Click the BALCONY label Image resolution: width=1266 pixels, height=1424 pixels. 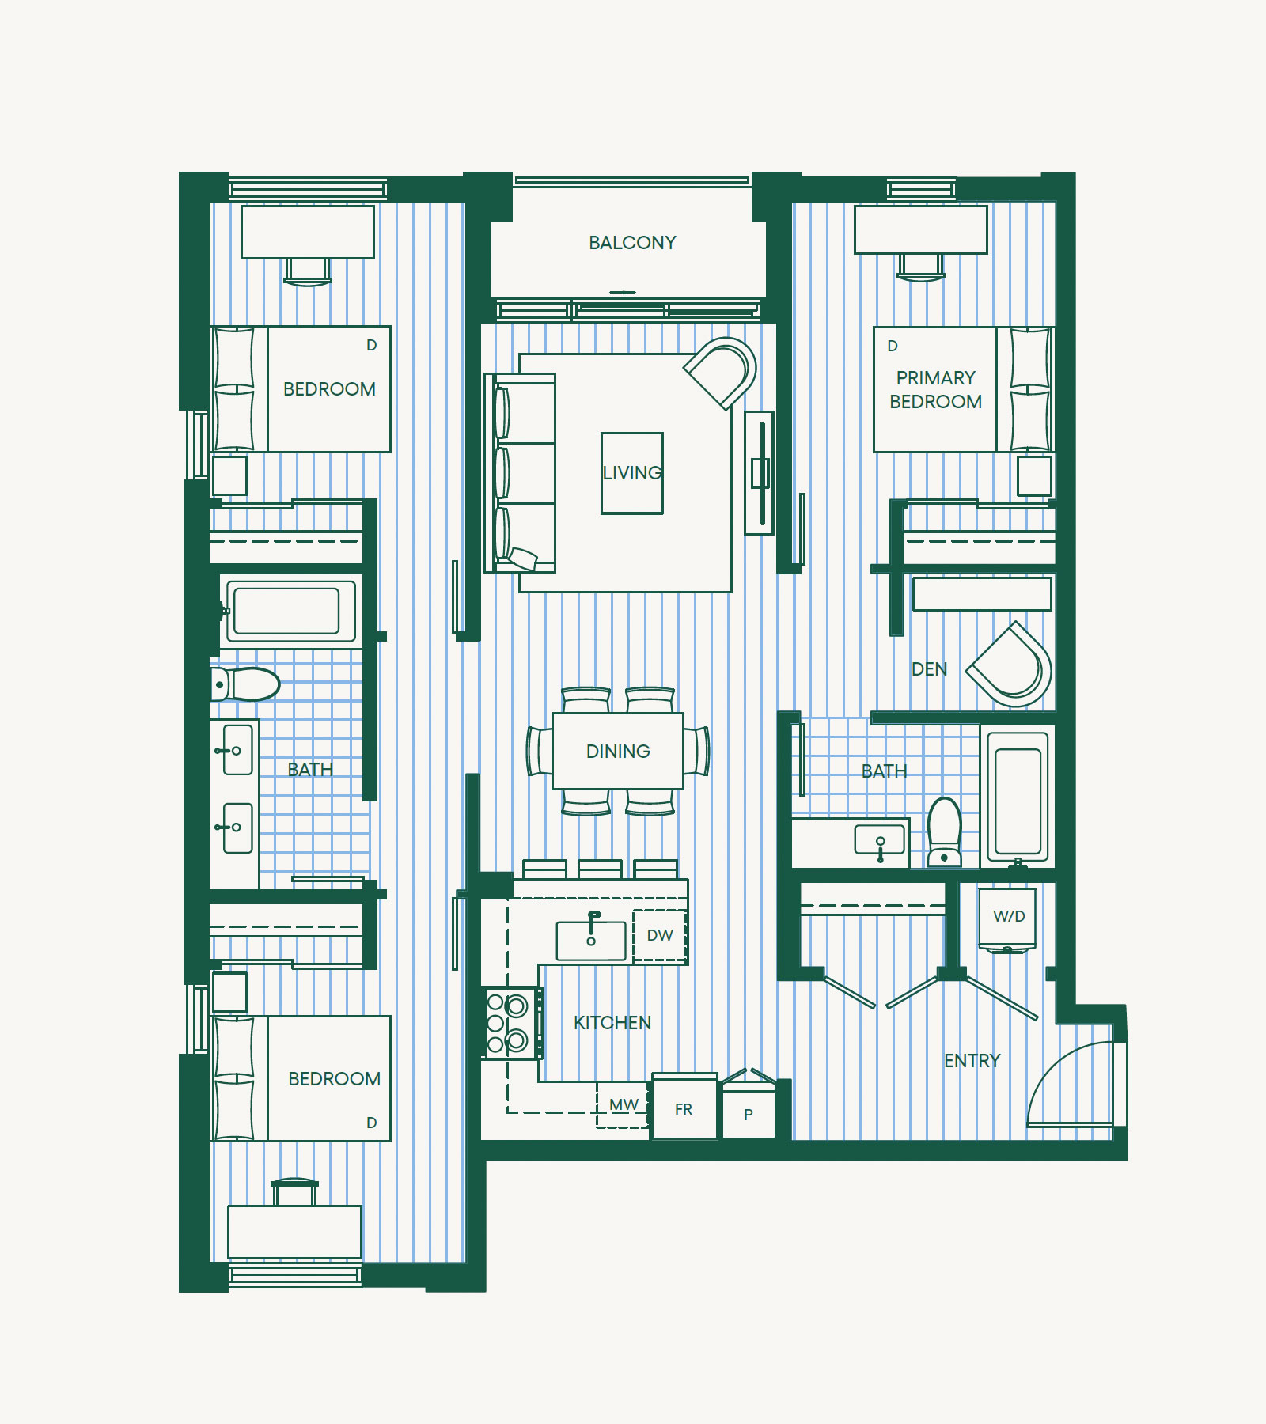point(632,243)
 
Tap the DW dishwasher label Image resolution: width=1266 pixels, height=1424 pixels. point(660,935)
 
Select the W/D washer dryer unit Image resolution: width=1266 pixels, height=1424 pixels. point(1007,919)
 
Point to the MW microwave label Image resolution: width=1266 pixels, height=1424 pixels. point(624,1104)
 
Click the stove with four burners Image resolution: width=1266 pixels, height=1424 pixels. point(511,1022)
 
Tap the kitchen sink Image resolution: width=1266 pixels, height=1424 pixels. point(591,939)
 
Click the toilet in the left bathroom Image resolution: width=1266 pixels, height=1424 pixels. point(245,684)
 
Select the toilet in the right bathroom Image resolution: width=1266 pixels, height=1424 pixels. point(944,832)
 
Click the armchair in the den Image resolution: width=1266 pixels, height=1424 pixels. point(1010,665)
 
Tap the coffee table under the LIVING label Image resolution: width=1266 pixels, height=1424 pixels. point(632,473)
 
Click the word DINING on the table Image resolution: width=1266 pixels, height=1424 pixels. point(618,752)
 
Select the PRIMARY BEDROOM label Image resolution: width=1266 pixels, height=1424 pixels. point(936,390)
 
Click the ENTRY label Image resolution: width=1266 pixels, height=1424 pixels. point(972,1061)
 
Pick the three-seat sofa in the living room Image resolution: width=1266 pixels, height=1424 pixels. point(520,473)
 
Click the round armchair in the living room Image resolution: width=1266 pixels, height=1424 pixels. point(721,373)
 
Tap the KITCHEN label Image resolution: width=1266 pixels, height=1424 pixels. point(612,1023)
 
